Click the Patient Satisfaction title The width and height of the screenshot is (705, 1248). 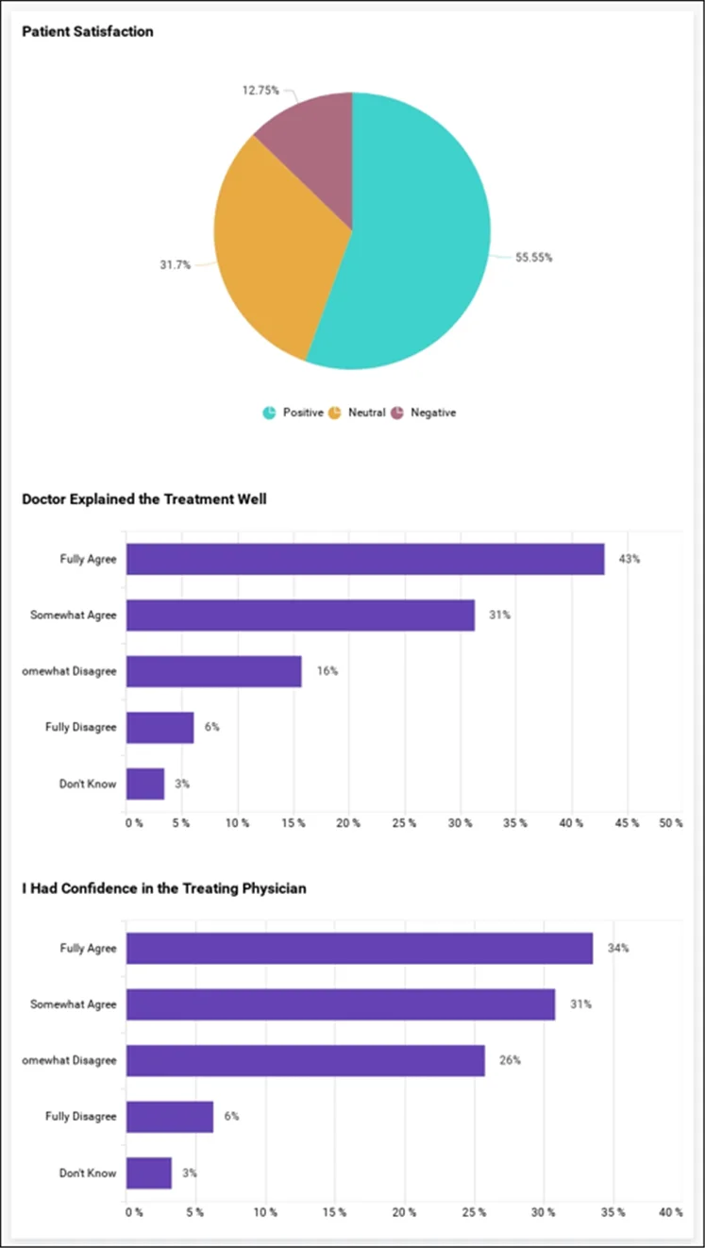pos(88,32)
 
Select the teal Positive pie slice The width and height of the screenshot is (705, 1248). pos(415,245)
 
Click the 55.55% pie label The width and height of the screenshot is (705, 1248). pos(533,258)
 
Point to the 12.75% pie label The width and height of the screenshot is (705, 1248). pos(260,91)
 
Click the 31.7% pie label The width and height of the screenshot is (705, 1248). pos(175,265)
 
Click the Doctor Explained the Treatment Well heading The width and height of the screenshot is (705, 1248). pos(144,499)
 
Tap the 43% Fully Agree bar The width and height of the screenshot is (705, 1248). pos(365,559)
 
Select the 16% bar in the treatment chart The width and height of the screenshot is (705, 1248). pos(214,671)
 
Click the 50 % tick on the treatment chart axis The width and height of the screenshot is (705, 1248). pos(670,823)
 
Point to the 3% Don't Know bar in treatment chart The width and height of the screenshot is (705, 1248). pos(145,784)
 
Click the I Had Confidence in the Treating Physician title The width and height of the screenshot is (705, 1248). pos(164,888)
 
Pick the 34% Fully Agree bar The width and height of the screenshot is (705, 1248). pos(360,948)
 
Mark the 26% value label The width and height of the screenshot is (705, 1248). pos(510,1060)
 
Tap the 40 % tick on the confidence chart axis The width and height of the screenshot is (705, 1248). pos(670,1212)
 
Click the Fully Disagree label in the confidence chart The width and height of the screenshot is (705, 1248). pos(81,1117)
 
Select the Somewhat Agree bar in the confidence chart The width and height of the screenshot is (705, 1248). pos(341,1004)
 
